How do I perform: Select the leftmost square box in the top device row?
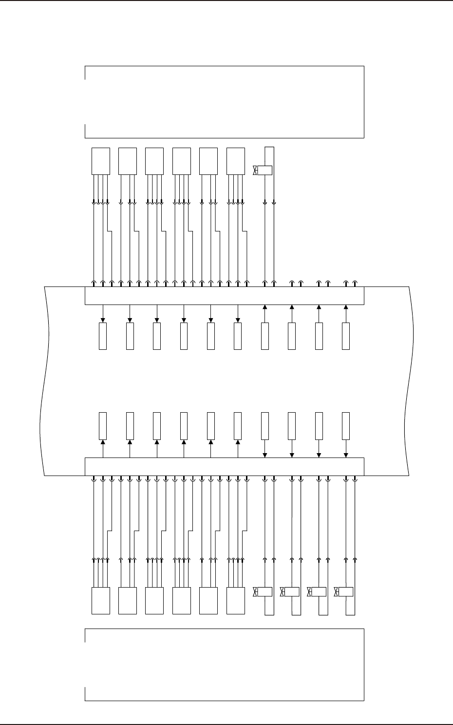tap(101, 161)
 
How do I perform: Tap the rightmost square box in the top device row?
tap(236, 161)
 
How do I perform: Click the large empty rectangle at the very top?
tap(225, 102)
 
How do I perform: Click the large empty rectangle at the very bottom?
tap(225, 665)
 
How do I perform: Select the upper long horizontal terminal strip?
tap(225, 296)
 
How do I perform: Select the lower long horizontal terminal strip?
tap(225, 466)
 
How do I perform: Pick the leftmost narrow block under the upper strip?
tap(103, 336)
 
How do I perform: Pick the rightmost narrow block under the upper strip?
tap(346, 336)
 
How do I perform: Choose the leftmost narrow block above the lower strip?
tap(103, 425)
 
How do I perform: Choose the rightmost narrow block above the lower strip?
tap(346, 425)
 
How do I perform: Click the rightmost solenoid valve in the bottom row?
tap(345, 592)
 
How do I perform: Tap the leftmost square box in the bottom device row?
tap(101, 601)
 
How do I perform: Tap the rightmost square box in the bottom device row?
tap(236, 601)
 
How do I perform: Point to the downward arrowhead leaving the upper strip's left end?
tap(103, 320)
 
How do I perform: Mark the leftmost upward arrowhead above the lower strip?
tap(103, 442)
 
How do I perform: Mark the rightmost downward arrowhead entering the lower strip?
tap(346, 455)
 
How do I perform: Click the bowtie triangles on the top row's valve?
tap(255, 171)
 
